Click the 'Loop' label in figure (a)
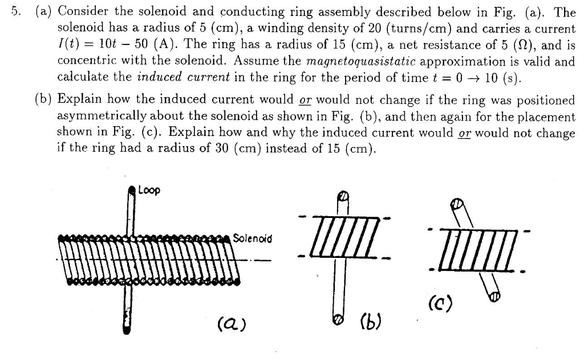point(150,191)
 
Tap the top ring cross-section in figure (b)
point(342,196)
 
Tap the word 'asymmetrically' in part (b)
point(94,117)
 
